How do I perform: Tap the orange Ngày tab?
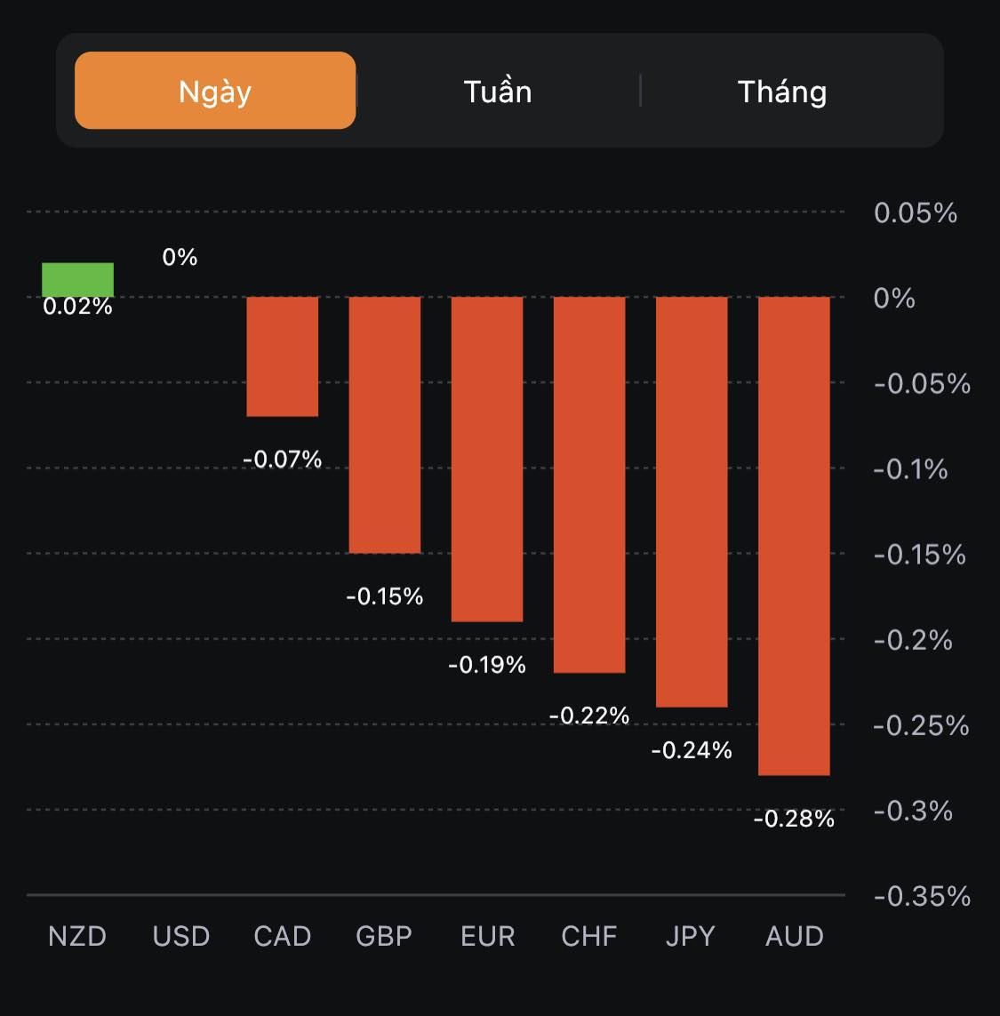[215, 91]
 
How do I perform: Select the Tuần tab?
[498, 91]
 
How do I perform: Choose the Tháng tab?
[782, 91]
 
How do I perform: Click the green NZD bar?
[77, 279]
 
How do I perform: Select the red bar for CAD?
[282, 356]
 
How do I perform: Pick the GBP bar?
[384, 424]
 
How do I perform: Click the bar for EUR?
[487, 459]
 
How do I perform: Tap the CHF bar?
[589, 484]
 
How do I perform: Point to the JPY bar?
[692, 501]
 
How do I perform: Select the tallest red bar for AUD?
[794, 535]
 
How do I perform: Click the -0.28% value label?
[794, 819]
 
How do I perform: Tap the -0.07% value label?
[282, 460]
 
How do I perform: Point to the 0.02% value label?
[77, 307]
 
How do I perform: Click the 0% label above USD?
[180, 257]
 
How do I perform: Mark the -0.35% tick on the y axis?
[921, 896]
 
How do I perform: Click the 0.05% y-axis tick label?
[915, 213]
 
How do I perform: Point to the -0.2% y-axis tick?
[912, 640]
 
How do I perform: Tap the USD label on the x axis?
[180, 936]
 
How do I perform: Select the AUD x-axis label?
[795, 936]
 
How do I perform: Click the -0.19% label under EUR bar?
[487, 665]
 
